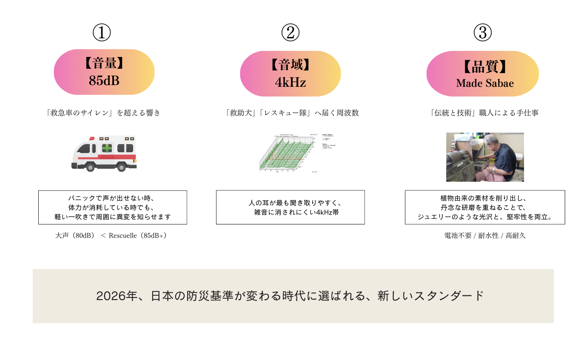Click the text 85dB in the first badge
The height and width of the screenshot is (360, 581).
[x=104, y=81]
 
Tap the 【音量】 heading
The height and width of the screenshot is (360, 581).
[x=104, y=64]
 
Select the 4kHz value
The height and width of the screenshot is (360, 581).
[x=290, y=82]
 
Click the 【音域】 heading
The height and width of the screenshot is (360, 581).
[x=290, y=65]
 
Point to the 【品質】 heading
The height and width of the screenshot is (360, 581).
[x=485, y=67]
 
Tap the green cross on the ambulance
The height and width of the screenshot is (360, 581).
[x=107, y=148]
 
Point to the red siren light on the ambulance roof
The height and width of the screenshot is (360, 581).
[x=91, y=138]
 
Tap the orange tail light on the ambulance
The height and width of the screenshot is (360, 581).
[x=136, y=161]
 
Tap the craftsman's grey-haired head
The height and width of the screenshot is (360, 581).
[x=492, y=140]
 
